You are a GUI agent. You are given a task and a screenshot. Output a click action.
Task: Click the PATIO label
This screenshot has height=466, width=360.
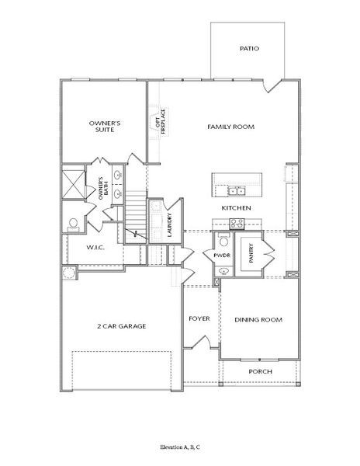(x=249, y=49)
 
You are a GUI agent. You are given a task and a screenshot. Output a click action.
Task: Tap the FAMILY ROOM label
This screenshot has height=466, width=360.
(x=230, y=127)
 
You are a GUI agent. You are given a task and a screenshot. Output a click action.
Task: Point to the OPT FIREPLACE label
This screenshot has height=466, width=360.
(x=161, y=121)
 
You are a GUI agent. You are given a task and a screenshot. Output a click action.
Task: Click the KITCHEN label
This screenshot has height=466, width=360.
(x=235, y=209)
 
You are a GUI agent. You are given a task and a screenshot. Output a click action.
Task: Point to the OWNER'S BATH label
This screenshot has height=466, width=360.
(x=102, y=190)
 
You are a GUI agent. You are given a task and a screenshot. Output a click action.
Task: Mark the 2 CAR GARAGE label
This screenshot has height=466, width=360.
(x=122, y=325)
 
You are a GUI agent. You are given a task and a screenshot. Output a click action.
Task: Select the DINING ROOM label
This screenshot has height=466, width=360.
(x=258, y=319)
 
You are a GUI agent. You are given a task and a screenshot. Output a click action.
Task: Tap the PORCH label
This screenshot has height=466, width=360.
(x=259, y=371)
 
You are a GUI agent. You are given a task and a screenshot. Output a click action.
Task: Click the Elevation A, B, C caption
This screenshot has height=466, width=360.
(x=180, y=448)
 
